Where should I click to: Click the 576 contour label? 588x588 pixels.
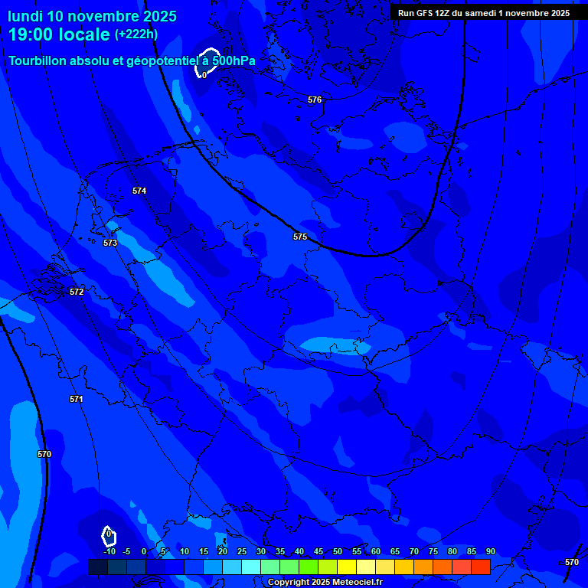click(x=315, y=100)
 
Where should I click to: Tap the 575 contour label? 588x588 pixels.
click(x=300, y=237)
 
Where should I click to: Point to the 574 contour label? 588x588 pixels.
click(x=139, y=191)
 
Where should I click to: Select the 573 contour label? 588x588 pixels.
click(x=110, y=243)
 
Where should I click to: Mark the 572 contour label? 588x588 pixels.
click(x=77, y=292)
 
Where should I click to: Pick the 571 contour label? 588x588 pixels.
click(x=76, y=399)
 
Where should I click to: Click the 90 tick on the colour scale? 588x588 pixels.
click(x=490, y=552)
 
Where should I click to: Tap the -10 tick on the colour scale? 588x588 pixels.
click(x=109, y=552)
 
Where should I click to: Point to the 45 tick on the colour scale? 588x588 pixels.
click(x=318, y=552)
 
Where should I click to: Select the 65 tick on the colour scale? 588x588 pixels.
click(x=395, y=552)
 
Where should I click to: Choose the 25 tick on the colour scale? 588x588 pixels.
click(x=242, y=552)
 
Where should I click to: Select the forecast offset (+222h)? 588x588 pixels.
click(x=136, y=34)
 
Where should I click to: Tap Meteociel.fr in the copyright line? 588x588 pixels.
click(x=350, y=582)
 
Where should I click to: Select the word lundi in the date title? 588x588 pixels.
click(x=25, y=16)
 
